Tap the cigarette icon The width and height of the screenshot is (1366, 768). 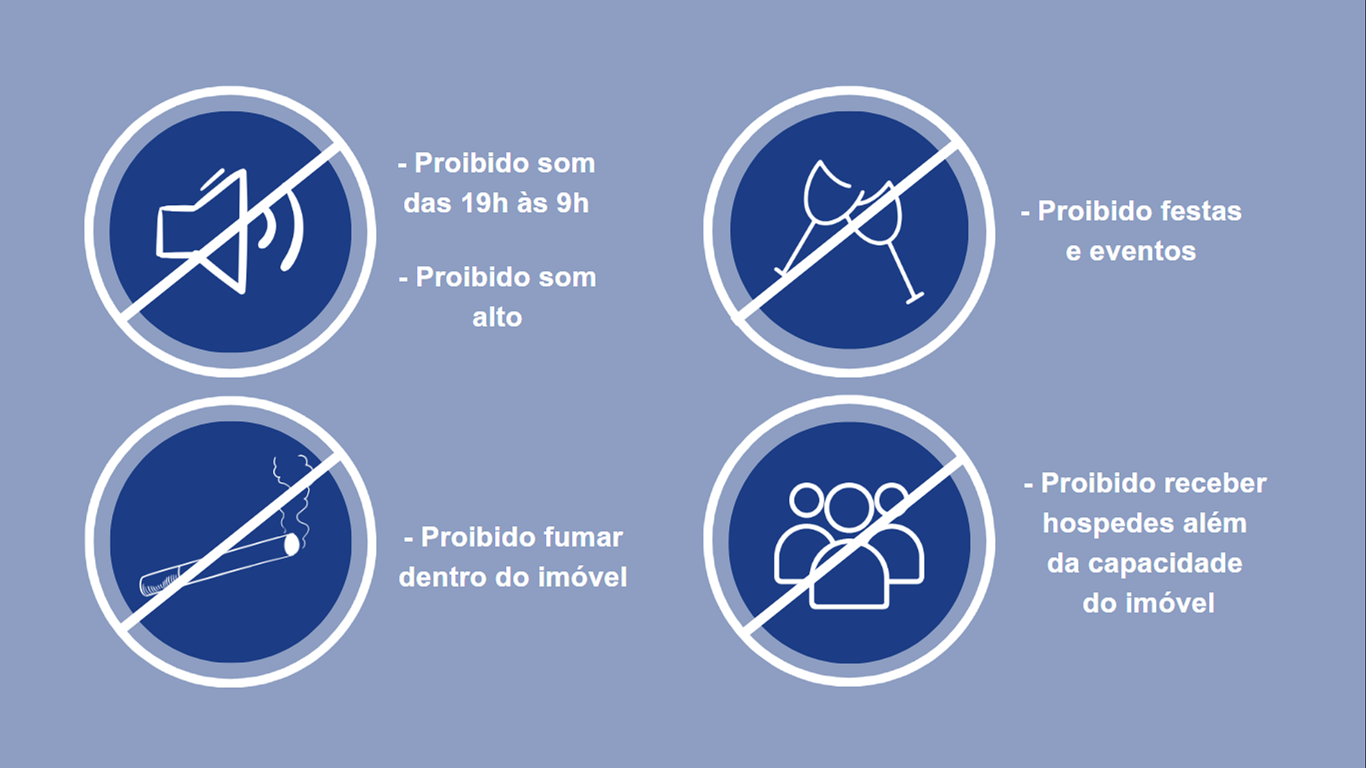[x=219, y=565]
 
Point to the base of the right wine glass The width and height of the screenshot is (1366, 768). [x=915, y=297]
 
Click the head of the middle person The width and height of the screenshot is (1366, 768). [x=849, y=507]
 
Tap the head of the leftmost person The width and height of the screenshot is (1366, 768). [x=806, y=500]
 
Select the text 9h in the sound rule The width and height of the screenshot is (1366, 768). [x=572, y=204]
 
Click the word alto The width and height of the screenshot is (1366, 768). [x=497, y=317]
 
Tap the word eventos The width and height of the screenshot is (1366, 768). [x=1142, y=252]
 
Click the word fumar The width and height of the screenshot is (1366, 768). [x=583, y=537]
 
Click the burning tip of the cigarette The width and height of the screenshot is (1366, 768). [x=292, y=545]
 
